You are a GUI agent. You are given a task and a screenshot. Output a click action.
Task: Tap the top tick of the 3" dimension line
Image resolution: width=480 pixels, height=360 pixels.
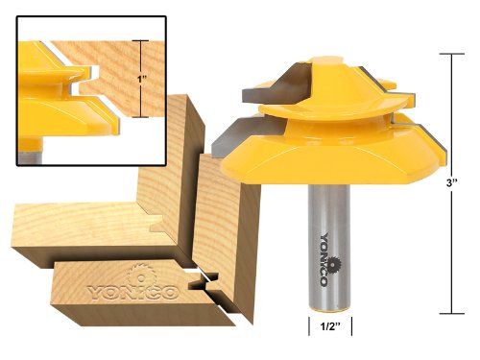[452, 54]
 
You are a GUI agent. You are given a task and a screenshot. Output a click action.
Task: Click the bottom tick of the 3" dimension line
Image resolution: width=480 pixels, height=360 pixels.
[452, 314]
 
